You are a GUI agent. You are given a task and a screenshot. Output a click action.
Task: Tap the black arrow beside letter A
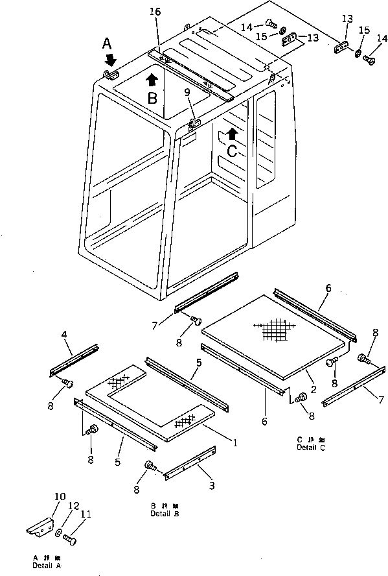pos(111,60)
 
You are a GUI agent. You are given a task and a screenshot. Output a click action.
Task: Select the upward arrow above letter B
pos(152,80)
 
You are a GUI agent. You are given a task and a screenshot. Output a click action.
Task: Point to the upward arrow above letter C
pos(231,134)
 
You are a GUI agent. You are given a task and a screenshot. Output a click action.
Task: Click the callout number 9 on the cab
pos(187,92)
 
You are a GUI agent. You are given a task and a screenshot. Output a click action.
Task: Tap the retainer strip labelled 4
pos(73,361)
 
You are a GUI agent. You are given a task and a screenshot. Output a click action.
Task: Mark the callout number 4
pos(64,335)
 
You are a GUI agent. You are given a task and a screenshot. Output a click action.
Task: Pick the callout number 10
pos(60,498)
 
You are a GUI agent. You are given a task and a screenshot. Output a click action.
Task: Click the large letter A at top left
pos(108,43)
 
